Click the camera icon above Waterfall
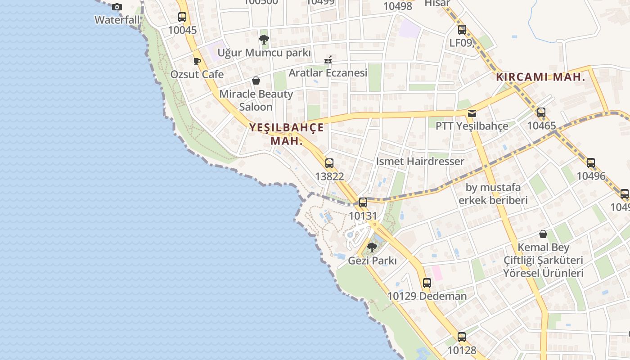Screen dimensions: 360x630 pyautogui.click(x=117, y=7)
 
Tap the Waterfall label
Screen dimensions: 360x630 pyautogui.click(x=117, y=20)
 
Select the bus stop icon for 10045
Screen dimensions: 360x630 pyautogui.click(x=182, y=17)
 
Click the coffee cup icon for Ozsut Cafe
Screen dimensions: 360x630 pyautogui.click(x=197, y=61)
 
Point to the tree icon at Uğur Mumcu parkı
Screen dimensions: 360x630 pyautogui.click(x=264, y=39)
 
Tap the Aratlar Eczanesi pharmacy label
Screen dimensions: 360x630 pyautogui.click(x=328, y=72)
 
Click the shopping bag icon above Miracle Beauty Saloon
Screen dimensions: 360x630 pyautogui.click(x=256, y=81)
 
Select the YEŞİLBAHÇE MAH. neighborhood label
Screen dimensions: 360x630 pyautogui.click(x=287, y=134)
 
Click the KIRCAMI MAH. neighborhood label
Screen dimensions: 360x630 pyautogui.click(x=540, y=77)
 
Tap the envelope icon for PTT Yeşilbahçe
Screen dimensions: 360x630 pyautogui.click(x=472, y=113)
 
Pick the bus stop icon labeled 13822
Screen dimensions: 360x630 pyautogui.click(x=329, y=163)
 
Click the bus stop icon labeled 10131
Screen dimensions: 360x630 pyautogui.click(x=363, y=202)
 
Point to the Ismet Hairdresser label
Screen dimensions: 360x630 pyautogui.click(x=420, y=161)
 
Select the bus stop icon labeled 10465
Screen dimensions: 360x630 pyautogui.click(x=541, y=112)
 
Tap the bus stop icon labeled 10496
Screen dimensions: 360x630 pyautogui.click(x=591, y=163)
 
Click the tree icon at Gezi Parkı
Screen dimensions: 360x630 pyautogui.click(x=372, y=247)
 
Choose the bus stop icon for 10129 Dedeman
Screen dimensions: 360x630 pyautogui.click(x=427, y=283)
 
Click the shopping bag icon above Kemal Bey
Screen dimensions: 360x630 pyautogui.click(x=543, y=234)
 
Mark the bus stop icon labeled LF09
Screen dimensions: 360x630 pyautogui.click(x=462, y=30)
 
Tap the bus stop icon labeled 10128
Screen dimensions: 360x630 pyautogui.click(x=462, y=337)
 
